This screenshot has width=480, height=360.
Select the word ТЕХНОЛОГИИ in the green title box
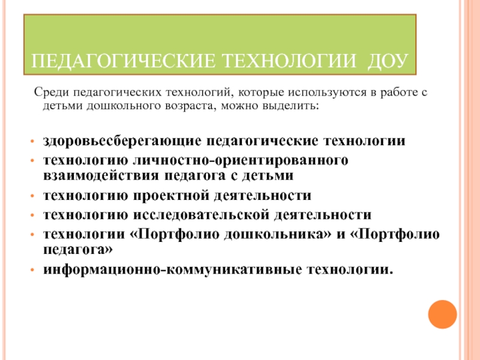(x=292, y=61)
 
